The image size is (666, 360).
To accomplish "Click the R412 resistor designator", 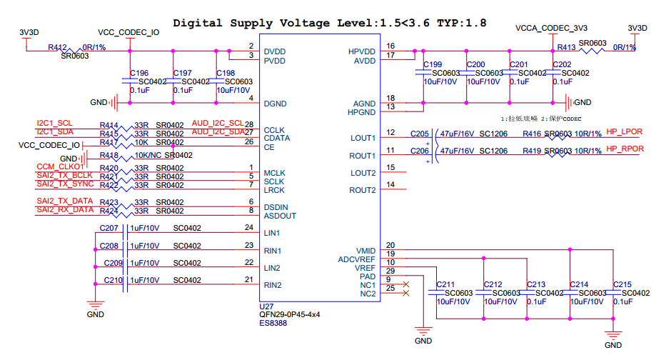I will [x=58, y=47].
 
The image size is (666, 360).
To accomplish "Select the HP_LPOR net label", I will [x=624, y=132].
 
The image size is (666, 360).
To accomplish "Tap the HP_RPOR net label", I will [x=625, y=149].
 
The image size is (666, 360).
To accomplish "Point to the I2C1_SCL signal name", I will [x=54, y=123].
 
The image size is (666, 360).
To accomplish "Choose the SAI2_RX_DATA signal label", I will [x=65, y=210].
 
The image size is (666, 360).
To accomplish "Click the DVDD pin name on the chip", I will [x=275, y=51].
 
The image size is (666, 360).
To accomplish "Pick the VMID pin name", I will [x=365, y=250].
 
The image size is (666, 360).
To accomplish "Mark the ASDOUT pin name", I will [x=280, y=216].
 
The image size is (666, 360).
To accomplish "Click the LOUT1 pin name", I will [x=363, y=138].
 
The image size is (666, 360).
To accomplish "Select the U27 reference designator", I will [x=266, y=306].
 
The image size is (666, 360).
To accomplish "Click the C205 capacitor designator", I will [x=420, y=134].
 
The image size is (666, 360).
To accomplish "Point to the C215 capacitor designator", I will [x=622, y=284].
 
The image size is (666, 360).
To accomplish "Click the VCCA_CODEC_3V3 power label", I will [x=551, y=29].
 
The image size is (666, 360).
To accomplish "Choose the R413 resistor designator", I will [x=566, y=47].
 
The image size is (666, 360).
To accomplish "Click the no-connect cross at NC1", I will [x=407, y=284].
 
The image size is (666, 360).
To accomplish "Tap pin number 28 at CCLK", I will [x=249, y=124].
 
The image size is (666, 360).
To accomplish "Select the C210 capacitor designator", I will [x=113, y=281].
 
